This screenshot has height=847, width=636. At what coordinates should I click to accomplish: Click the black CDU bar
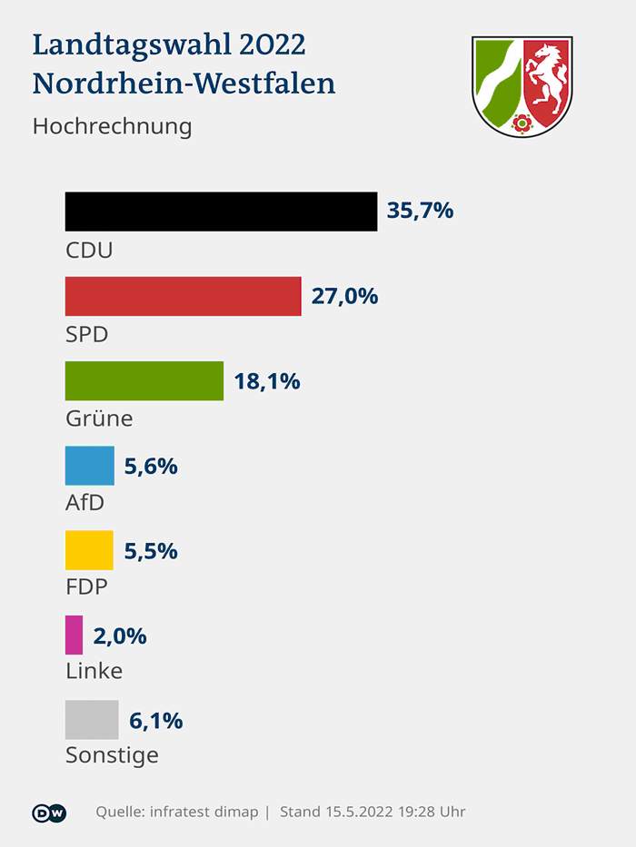point(221,212)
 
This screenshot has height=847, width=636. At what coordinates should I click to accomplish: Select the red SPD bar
point(183,296)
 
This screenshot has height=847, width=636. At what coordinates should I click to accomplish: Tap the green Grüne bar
point(144,380)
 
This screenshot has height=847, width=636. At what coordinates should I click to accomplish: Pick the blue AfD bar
point(89,466)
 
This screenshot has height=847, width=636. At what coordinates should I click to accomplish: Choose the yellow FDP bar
point(89,550)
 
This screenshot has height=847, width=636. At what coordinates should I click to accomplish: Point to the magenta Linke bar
point(74,635)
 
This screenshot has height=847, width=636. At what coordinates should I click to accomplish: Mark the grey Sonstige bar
point(92,719)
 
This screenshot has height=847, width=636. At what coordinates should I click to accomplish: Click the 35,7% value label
point(420,212)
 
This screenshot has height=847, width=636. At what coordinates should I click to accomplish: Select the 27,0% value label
point(344,296)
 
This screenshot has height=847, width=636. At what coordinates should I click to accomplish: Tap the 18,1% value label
point(267,381)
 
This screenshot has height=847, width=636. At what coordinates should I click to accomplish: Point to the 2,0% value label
point(120,635)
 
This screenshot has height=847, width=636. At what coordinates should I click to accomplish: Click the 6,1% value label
point(156,721)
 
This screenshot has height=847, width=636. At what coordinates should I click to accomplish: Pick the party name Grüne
point(99,419)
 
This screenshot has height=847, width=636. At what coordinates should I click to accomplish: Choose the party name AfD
point(84,502)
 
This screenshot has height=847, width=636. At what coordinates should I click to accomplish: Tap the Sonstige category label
point(112,754)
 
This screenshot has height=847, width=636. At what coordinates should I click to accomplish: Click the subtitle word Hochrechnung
point(112,125)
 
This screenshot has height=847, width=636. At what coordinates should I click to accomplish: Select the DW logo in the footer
point(49,812)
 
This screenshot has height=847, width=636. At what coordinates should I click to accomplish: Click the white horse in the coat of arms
point(547,79)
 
